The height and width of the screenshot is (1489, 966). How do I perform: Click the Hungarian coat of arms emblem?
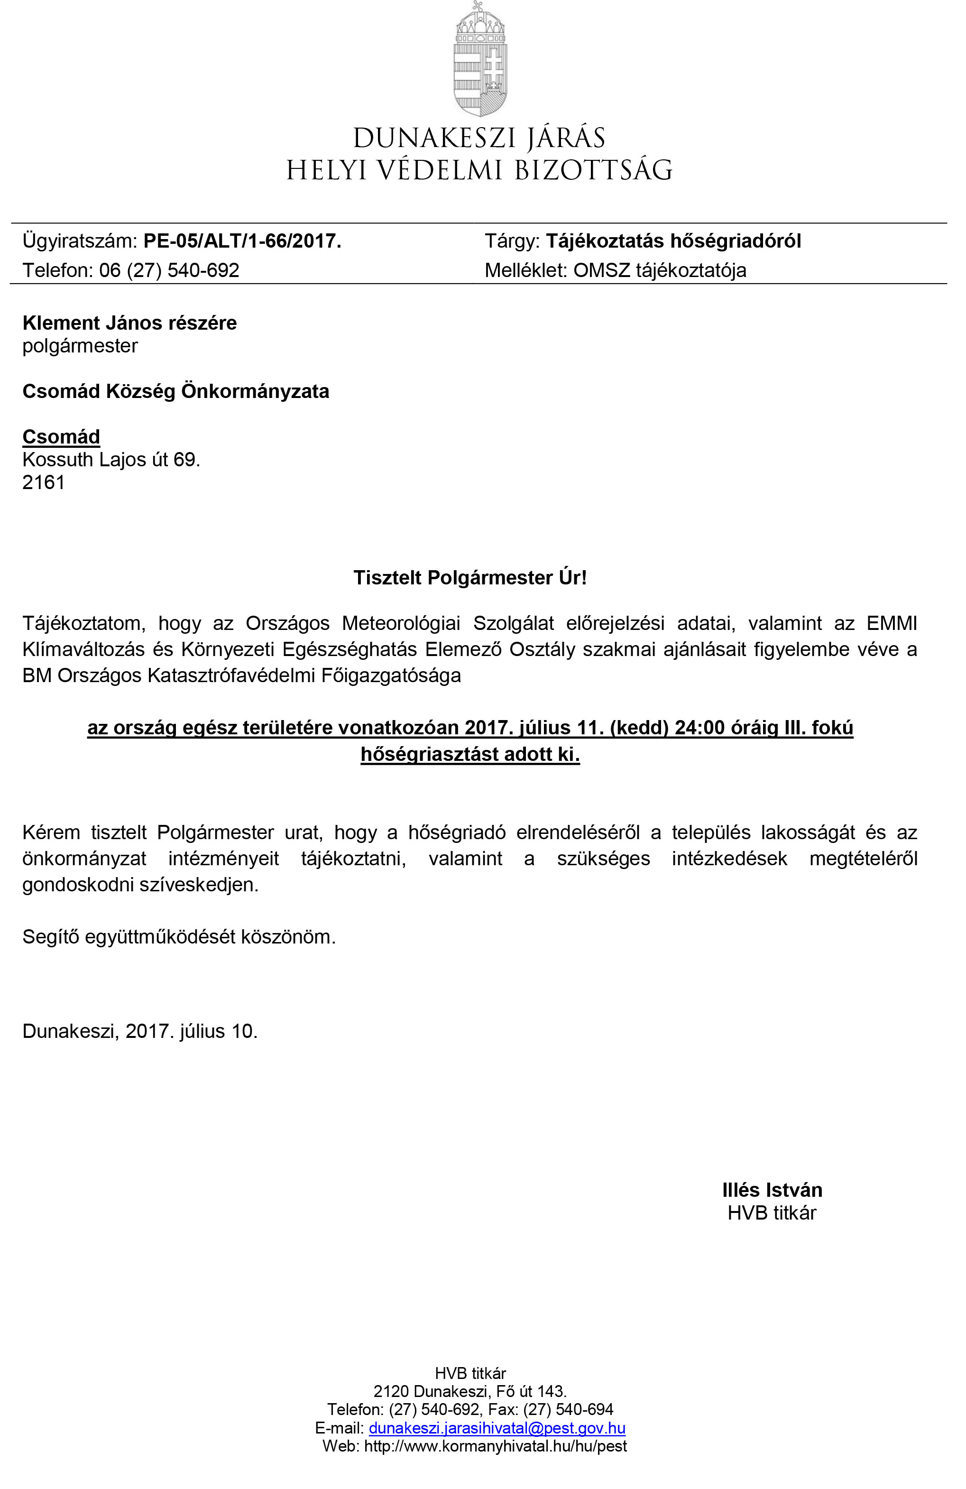point(480,59)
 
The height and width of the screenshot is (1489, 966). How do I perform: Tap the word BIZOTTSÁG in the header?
point(593,170)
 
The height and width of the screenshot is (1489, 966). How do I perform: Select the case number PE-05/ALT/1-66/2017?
point(242,241)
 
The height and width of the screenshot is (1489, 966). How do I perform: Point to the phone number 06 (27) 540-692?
point(169,270)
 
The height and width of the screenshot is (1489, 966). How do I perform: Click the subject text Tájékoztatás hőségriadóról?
point(673,241)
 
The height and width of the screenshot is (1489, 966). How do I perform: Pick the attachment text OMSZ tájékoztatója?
point(660,270)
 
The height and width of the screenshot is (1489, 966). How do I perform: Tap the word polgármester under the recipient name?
point(80,346)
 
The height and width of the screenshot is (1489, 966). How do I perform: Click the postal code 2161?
point(44,482)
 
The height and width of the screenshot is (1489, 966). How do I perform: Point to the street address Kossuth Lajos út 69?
point(111,459)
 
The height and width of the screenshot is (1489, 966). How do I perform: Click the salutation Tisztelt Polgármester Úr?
point(470,577)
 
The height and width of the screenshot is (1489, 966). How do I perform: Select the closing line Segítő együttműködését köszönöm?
point(179,936)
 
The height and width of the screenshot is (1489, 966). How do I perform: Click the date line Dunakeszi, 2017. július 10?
point(140,1031)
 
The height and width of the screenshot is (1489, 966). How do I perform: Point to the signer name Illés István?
point(772,1190)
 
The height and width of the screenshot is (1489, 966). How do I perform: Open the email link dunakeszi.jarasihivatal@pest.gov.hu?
point(497,1428)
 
